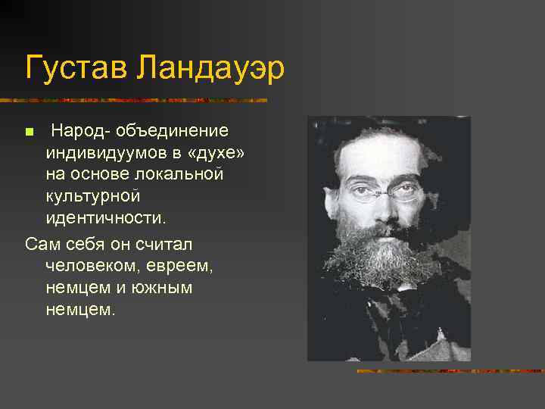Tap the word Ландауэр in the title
point(211,70)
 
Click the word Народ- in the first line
point(80,132)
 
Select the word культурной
point(93,196)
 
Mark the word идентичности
point(105,217)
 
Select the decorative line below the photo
point(450,370)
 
